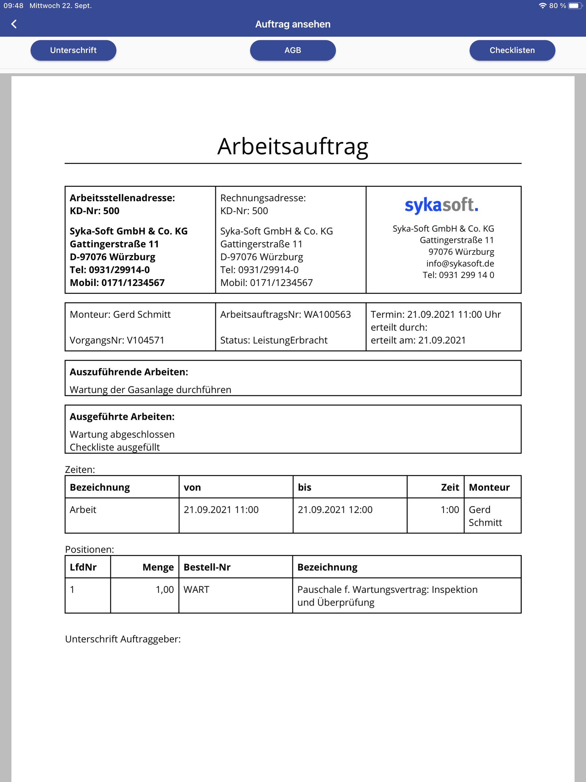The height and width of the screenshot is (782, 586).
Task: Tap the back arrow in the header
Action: [14, 24]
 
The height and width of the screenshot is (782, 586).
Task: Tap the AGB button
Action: [293, 50]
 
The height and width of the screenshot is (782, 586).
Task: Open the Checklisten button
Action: [512, 50]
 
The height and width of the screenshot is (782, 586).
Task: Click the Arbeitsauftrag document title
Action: [293, 146]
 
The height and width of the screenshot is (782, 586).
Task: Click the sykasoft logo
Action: [442, 205]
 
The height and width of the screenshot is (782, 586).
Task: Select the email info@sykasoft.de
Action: [460, 263]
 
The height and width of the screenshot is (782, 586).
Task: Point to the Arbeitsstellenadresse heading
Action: [122, 198]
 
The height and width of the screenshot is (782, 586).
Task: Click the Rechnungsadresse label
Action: [263, 198]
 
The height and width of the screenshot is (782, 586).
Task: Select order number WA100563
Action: [327, 314]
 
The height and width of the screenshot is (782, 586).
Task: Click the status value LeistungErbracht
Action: [290, 340]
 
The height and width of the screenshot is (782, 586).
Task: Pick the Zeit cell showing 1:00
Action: [450, 510]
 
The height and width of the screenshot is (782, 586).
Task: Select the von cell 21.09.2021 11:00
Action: [221, 510]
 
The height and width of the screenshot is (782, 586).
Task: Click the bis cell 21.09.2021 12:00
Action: [335, 510]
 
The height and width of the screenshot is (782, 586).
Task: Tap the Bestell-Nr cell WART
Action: [197, 589]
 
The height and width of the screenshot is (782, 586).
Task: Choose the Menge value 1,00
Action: [165, 589]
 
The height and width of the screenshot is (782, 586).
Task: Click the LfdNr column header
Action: [83, 567]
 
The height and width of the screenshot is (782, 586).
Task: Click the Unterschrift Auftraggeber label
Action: [123, 639]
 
